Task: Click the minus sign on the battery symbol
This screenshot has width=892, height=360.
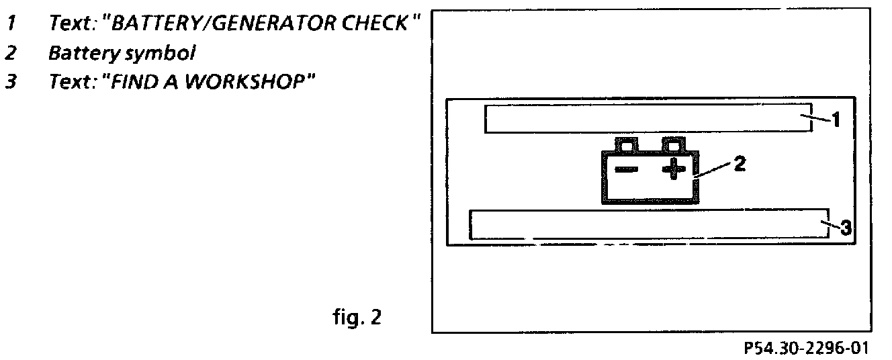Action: tap(626, 170)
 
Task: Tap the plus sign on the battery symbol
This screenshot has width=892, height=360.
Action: tap(673, 169)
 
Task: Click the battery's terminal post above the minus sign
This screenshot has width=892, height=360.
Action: tap(626, 144)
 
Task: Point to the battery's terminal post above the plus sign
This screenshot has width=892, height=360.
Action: tap(673, 144)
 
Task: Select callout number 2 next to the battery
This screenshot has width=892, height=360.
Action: tap(738, 163)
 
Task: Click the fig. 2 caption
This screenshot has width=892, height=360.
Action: tap(356, 316)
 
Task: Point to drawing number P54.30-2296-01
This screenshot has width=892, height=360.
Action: tap(805, 349)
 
